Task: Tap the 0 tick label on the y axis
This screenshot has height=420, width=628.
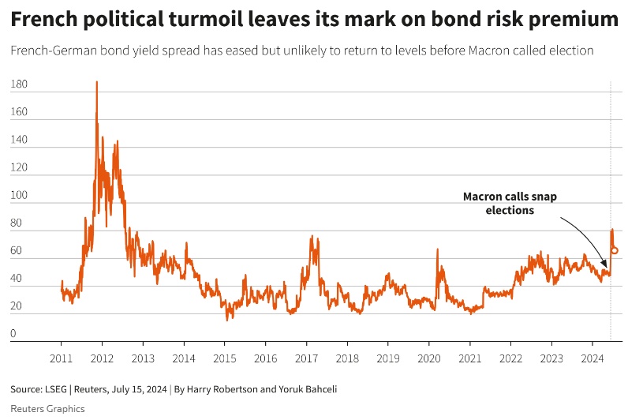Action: click(13, 334)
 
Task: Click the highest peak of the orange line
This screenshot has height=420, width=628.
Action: click(97, 81)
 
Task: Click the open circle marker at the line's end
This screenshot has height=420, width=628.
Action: click(615, 250)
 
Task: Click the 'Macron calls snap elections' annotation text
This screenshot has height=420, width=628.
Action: click(510, 204)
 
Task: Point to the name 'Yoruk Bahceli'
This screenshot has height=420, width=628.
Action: click(309, 389)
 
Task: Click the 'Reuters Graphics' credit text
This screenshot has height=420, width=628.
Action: click(47, 408)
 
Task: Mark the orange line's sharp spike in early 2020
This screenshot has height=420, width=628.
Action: click(437, 249)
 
